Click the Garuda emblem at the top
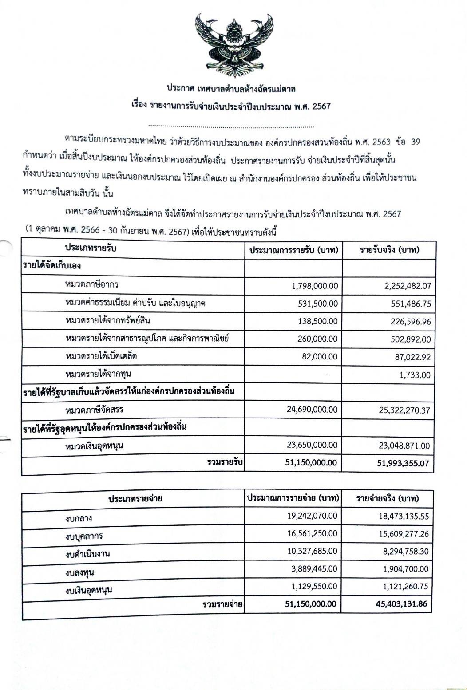234,46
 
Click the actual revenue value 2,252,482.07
408,286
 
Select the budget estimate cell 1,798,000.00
315,286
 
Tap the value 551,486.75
411,304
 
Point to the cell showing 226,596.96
411,322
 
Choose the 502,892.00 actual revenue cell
411,339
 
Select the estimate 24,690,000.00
312,409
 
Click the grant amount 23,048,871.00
404,446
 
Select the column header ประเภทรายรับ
91,248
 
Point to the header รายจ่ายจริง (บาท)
388,498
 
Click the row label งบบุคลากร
84,536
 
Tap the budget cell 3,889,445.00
314,569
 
